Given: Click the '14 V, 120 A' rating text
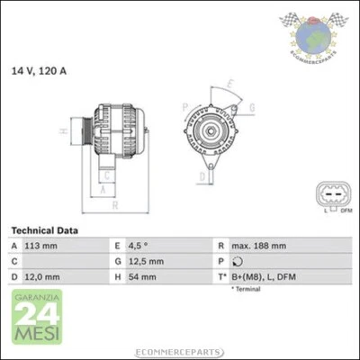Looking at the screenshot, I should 38,69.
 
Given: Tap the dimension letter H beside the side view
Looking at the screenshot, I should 63,131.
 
